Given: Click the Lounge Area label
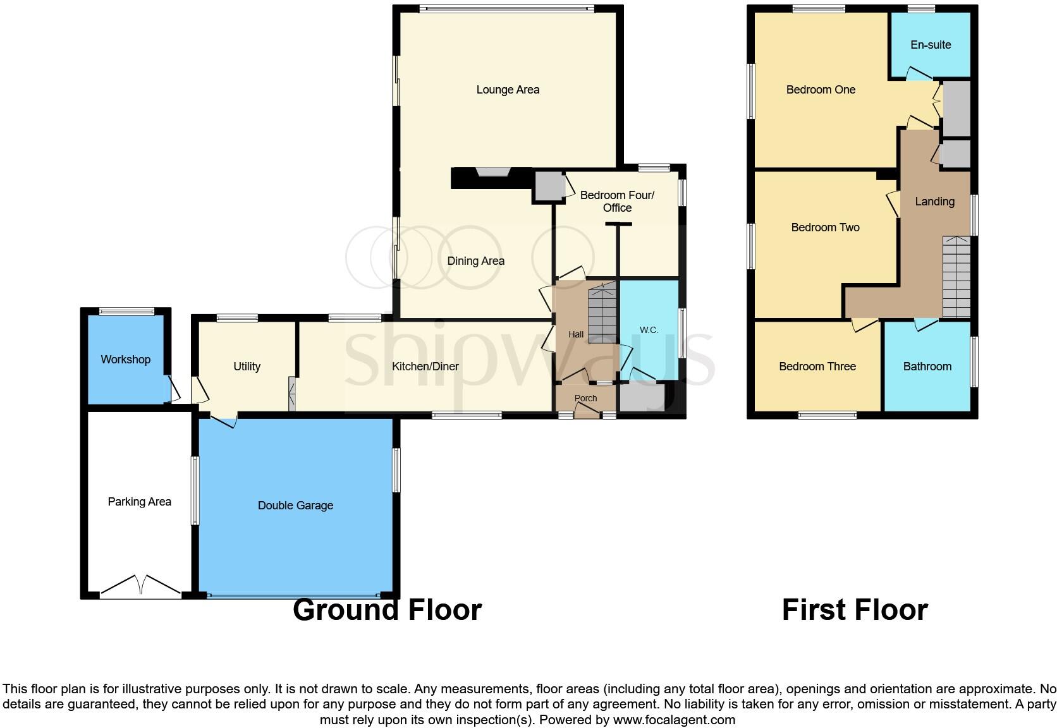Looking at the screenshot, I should click(508, 90).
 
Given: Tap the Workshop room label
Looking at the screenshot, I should click(125, 360).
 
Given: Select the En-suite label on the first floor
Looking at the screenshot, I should click(931, 45).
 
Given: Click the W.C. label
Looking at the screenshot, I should click(649, 330).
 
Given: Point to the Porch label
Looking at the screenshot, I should click(585, 398).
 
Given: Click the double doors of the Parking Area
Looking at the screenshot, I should click(140, 586).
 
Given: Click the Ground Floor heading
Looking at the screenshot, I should click(387, 610).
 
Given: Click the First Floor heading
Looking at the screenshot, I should click(855, 610).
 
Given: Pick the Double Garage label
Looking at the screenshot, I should click(295, 506).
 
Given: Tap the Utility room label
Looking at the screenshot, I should click(247, 367).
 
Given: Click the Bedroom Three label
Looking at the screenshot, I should click(817, 367).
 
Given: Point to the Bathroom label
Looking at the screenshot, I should click(927, 367).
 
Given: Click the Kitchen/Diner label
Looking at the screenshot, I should click(425, 367).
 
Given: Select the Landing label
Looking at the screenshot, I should click(934, 202).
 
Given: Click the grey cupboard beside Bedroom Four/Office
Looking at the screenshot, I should click(548, 186).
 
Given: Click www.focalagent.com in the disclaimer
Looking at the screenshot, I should click(674, 720).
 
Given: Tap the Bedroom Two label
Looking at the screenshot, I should click(825, 227).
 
